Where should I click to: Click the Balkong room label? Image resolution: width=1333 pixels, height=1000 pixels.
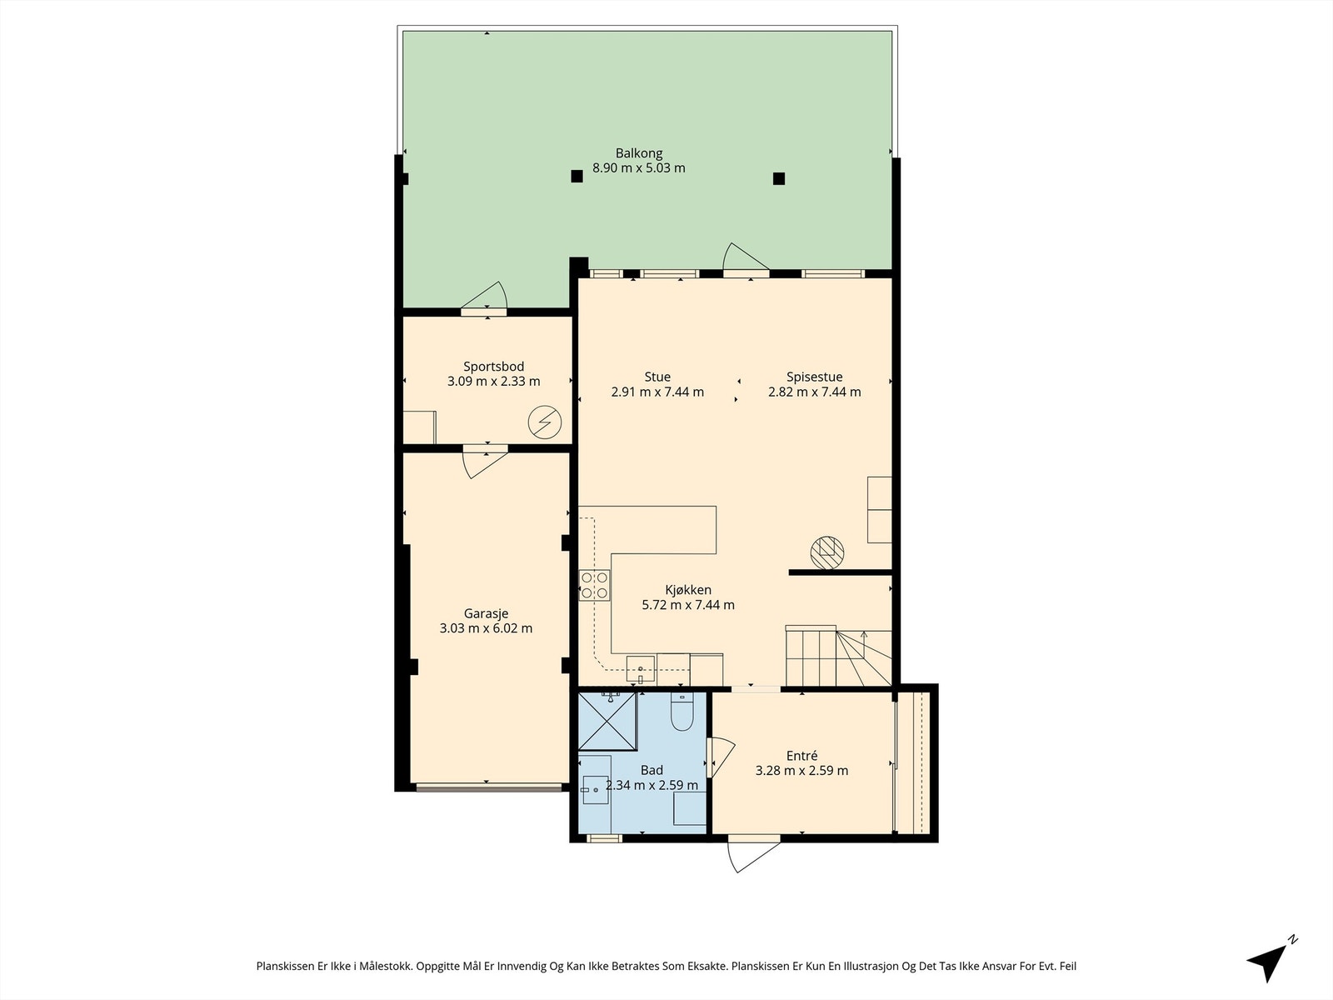[639, 153]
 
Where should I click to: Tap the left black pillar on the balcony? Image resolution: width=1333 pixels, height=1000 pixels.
[576, 176]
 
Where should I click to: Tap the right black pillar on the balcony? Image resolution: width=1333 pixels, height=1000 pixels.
[779, 177]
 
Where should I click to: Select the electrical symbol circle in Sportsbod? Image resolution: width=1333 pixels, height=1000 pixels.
[544, 423]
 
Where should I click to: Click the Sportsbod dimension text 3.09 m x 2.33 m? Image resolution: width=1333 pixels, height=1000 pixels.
[493, 382]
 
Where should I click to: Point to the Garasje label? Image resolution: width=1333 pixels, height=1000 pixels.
[486, 613]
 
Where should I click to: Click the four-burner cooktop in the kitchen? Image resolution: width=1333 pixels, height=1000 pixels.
[594, 585]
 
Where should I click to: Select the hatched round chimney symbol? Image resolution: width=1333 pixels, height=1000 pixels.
[827, 552]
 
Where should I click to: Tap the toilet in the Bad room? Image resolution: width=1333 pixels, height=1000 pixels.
[681, 712]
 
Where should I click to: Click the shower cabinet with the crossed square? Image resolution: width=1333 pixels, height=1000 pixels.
[607, 721]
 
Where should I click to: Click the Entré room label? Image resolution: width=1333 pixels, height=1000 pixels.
[801, 756]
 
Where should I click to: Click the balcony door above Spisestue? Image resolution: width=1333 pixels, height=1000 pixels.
[744, 258]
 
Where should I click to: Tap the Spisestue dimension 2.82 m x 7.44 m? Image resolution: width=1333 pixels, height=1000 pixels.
[814, 392]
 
